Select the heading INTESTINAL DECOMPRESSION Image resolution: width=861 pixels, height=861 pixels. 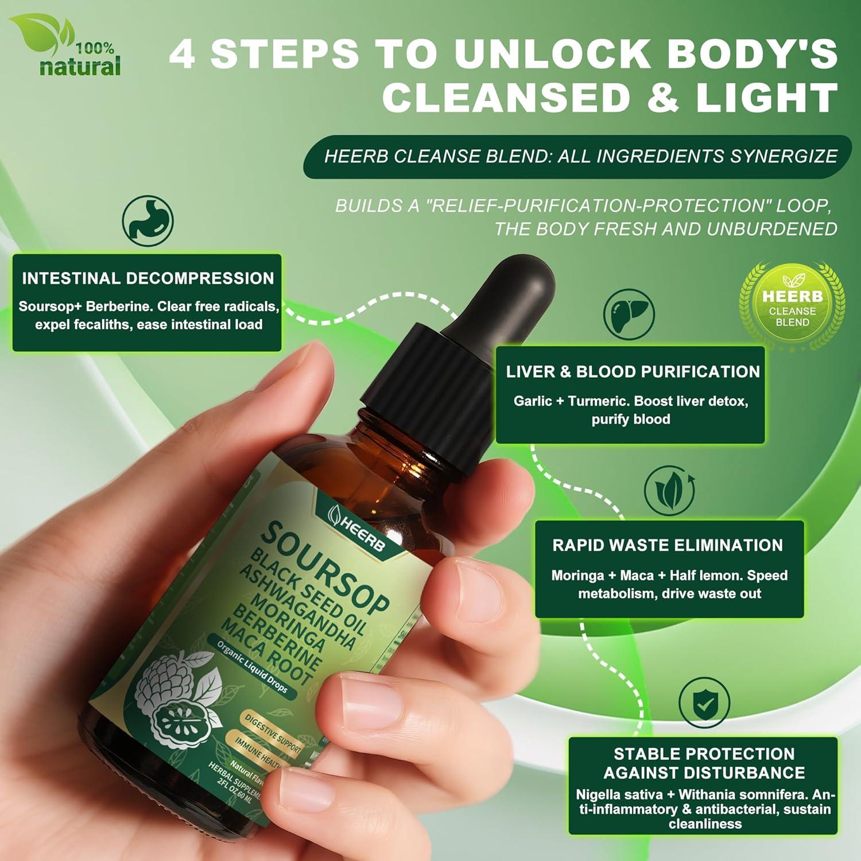pos(148,279)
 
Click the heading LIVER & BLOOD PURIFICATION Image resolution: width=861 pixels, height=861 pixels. pos(633,372)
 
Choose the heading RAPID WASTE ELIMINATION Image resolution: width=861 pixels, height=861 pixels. pos(668,545)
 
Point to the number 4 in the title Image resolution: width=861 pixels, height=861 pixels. pos(183,55)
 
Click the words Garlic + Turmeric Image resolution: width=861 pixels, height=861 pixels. pos(580,401)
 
